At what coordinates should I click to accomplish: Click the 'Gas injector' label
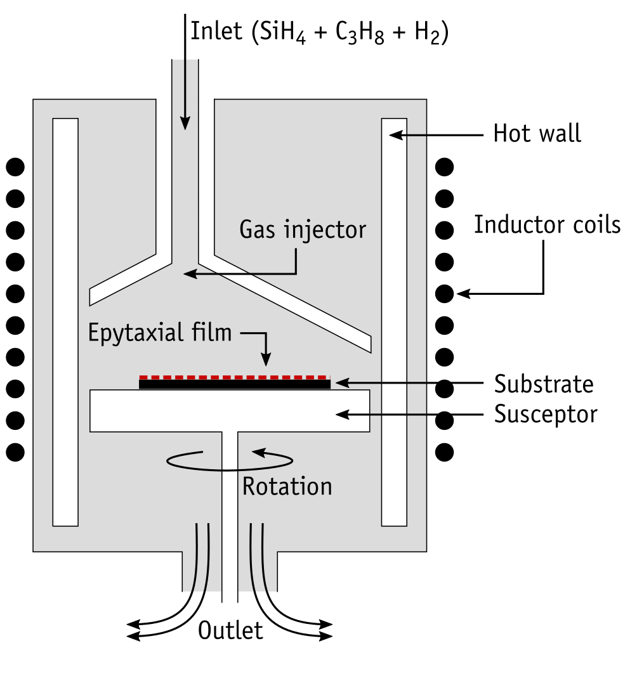pyautogui.click(x=303, y=230)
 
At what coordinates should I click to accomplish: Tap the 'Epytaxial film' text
pyautogui.click(x=160, y=333)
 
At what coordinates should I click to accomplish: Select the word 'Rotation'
pyautogui.click(x=287, y=486)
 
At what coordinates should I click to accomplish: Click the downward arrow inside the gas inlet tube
pyautogui.click(x=185, y=95)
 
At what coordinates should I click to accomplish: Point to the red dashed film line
pyautogui.click(x=234, y=377)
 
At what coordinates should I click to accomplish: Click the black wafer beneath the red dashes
pyautogui.click(x=234, y=384)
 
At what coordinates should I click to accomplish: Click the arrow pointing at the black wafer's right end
pyautogui.click(x=381, y=382)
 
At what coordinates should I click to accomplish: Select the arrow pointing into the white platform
pyautogui.click(x=381, y=415)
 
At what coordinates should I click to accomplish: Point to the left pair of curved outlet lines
pyautogui.click(x=202, y=557)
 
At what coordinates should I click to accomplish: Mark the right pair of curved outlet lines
pyautogui.click(x=257, y=557)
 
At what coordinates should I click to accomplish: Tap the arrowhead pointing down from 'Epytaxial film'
pyautogui.click(x=266, y=360)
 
